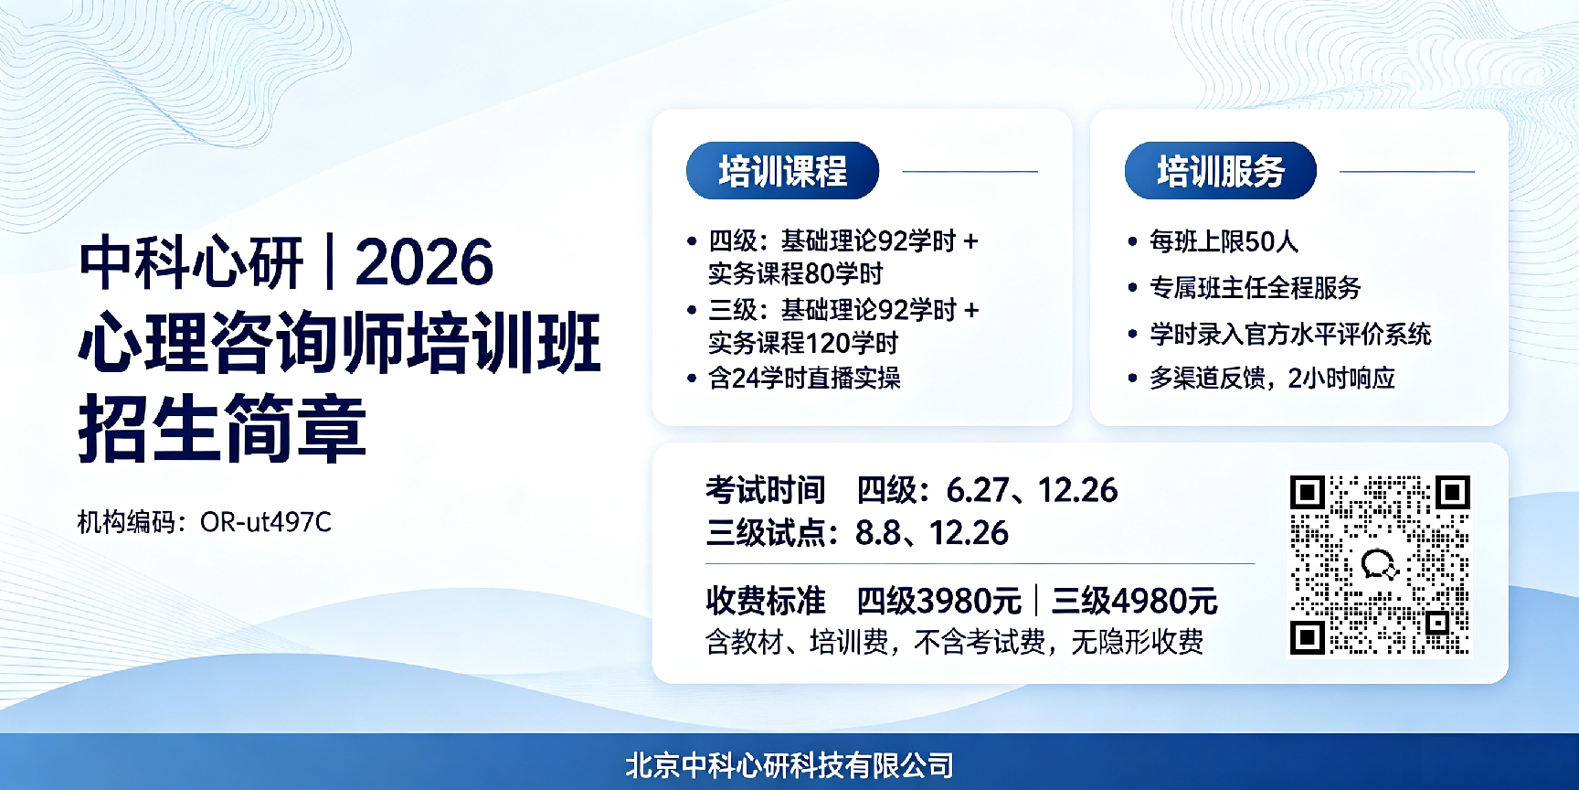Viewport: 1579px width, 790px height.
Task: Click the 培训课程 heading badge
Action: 782,171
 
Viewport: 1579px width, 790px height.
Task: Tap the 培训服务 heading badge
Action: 1220,171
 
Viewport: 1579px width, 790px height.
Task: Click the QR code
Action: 1380,564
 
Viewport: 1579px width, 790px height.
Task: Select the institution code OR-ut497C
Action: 266,522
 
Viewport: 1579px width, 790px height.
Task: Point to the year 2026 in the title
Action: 425,262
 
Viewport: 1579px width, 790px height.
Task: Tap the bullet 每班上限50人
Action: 1224,241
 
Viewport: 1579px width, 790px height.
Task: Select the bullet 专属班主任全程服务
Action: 1256,288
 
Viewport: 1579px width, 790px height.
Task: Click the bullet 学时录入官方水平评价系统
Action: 1290,334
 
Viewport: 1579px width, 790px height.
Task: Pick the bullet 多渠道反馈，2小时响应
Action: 1272,378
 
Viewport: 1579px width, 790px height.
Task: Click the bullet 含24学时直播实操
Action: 804,378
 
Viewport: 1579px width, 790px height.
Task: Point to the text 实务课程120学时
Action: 803,343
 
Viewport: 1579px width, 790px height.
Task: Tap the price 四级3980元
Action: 938,601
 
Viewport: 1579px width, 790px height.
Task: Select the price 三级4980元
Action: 1134,601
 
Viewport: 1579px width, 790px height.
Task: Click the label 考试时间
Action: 765,490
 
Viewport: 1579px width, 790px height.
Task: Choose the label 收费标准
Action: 765,601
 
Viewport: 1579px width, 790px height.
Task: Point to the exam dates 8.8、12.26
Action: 932,533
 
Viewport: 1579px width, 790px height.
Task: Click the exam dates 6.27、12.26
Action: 1032,490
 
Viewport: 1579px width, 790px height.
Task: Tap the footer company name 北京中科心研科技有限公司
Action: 789,765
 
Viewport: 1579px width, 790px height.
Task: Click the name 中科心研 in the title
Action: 191,262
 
